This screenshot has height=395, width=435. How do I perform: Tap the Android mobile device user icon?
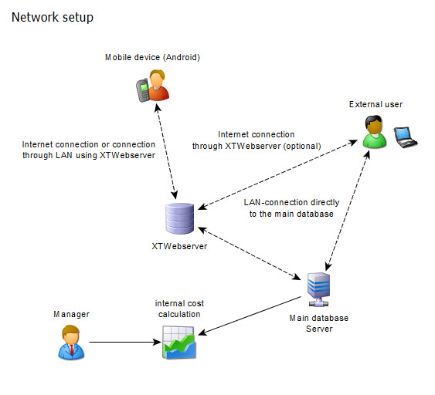coord(152,86)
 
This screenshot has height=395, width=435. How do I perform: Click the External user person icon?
coord(374,131)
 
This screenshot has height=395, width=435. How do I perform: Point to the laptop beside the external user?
coord(406,136)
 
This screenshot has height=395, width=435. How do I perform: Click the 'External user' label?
coord(376,104)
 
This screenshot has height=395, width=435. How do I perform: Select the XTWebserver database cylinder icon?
coord(179,219)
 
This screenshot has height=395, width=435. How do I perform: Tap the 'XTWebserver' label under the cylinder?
coord(180,246)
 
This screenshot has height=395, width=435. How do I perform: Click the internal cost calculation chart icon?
coord(179,342)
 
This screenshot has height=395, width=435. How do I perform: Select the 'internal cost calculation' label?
coord(178,309)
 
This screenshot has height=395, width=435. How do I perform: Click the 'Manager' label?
coord(71,314)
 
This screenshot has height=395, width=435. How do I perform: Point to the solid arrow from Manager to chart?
coord(124,342)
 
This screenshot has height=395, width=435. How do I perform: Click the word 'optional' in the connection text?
coord(301,144)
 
